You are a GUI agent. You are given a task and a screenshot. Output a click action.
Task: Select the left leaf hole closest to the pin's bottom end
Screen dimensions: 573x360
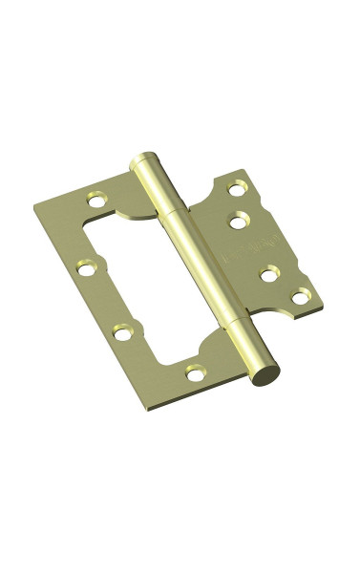tap(194, 371)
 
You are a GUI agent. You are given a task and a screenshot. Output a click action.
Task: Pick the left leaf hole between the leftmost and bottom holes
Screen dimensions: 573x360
tap(121, 333)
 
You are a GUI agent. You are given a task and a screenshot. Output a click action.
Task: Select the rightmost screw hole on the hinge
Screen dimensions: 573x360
tap(302, 297)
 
